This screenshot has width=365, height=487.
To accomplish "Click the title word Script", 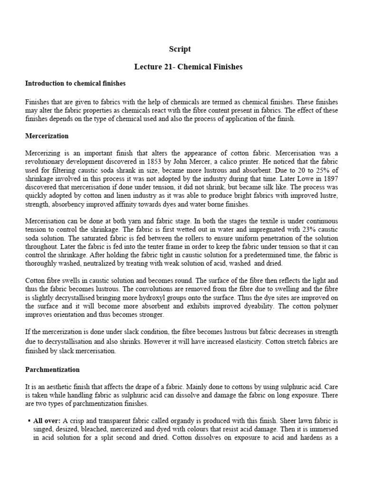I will pyautogui.click(x=180, y=49).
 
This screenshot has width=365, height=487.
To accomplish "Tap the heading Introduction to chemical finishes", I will pyautogui.click(x=75, y=83).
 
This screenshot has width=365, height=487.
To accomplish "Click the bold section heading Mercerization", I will pyautogui.click(x=47, y=136).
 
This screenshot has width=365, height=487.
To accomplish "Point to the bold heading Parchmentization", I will pyautogui.click(x=52, y=370).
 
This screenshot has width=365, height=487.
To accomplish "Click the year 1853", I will pyautogui.click(x=166, y=161).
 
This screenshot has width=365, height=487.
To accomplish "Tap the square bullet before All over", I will pyautogui.click(x=29, y=420).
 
